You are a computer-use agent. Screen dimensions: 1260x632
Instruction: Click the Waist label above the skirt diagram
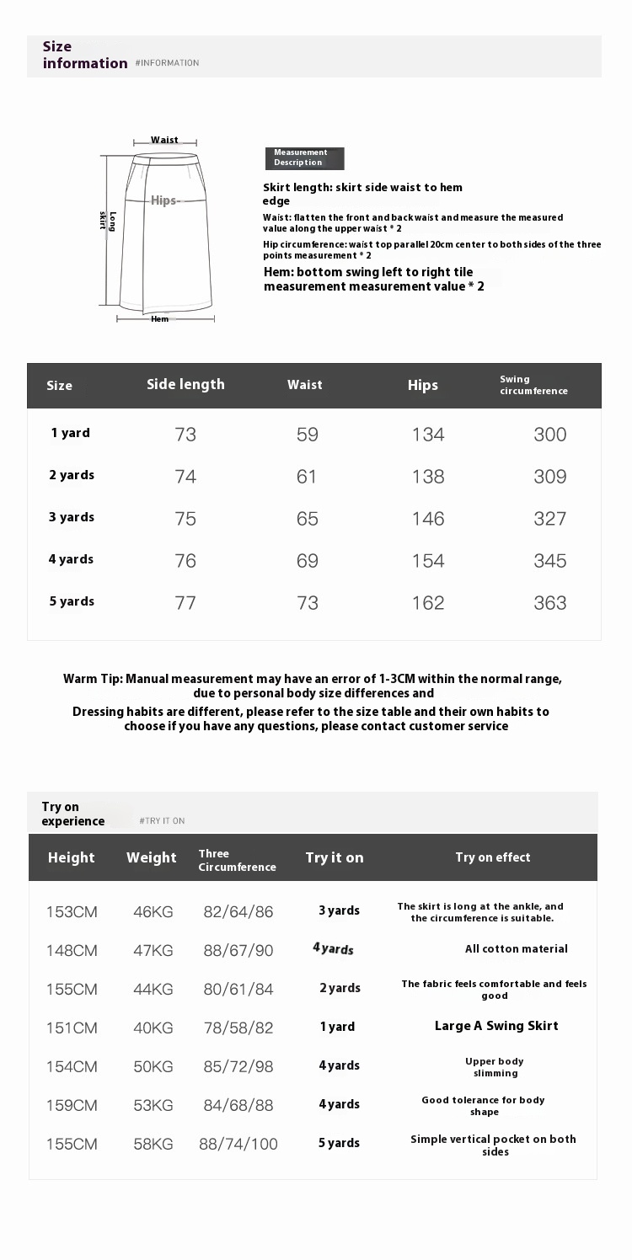(164, 140)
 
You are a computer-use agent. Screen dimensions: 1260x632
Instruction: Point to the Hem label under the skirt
(159, 319)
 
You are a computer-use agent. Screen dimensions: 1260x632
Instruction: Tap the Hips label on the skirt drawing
(164, 200)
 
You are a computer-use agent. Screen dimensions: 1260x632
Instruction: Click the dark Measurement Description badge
(304, 157)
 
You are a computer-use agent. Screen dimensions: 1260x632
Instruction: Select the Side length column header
(185, 385)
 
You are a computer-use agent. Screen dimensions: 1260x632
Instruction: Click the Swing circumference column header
(533, 385)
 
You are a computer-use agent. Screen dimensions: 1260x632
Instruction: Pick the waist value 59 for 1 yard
(308, 435)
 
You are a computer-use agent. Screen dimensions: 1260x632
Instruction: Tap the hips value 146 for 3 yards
(428, 519)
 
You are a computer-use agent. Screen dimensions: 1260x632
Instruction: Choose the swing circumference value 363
(550, 603)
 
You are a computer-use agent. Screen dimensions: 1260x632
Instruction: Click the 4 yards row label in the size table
(71, 559)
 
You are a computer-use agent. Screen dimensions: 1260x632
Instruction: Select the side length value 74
(185, 477)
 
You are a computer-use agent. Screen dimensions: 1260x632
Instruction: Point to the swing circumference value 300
(550, 435)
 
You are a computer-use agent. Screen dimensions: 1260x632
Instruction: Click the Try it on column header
(335, 857)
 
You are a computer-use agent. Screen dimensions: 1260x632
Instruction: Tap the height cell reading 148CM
(72, 951)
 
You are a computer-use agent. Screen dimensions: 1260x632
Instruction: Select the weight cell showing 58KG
(153, 1144)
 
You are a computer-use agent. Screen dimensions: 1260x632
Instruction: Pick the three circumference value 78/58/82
(238, 1028)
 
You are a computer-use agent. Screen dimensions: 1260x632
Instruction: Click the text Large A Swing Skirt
(496, 1026)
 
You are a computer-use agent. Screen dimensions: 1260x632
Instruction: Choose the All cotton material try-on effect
(517, 949)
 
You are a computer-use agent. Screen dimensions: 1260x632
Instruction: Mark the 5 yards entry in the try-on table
(339, 1143)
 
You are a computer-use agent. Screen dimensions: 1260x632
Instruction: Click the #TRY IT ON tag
(162, 821)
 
